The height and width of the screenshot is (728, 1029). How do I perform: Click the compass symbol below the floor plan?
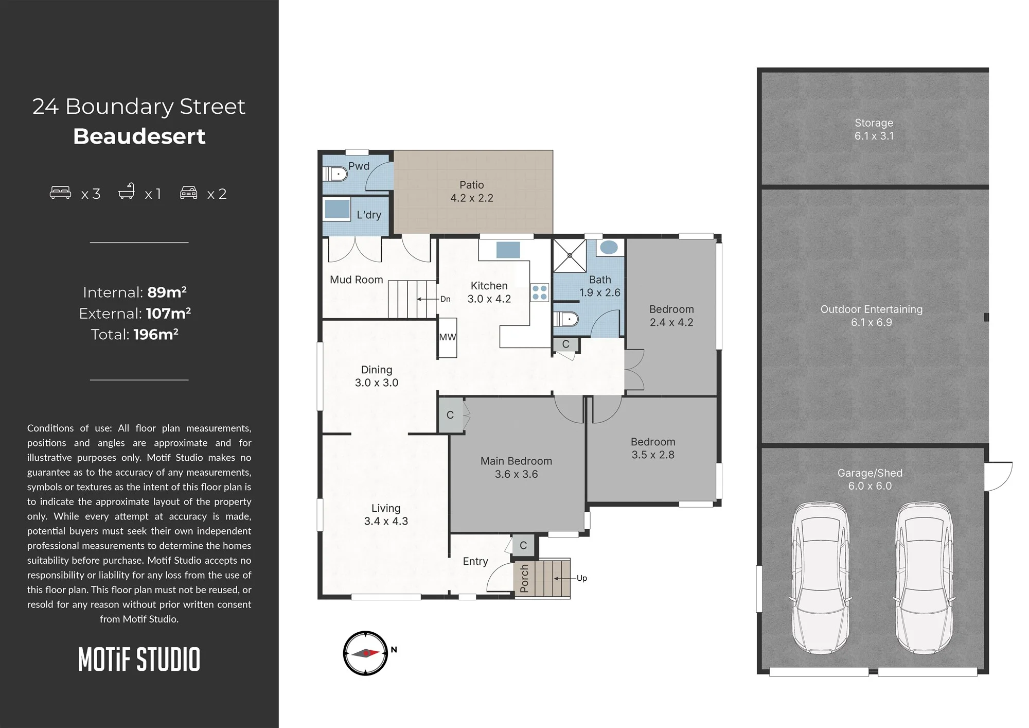pos(365,653)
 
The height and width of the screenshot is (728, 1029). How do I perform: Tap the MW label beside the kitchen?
pos(447,337)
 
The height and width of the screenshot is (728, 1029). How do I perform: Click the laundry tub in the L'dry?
pos(337,210)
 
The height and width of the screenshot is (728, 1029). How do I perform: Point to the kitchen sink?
pos(508,250)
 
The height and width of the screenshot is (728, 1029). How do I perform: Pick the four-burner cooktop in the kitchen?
pos(540,293)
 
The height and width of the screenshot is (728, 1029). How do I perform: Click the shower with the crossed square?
pos(570,255)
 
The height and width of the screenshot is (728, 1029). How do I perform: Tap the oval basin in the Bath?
pos(609,247)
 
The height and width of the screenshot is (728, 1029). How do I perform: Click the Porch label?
pos(524,578)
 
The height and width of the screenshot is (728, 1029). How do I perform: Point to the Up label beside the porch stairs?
pos(582,578)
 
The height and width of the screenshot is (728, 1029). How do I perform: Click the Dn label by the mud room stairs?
pos(446,299)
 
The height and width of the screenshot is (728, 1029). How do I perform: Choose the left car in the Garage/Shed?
pos(820,578)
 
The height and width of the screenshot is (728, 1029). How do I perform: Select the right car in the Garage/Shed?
pos(924,578)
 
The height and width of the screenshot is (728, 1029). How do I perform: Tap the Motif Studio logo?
pos(139,660)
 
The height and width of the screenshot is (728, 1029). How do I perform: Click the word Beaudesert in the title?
pos(139,136)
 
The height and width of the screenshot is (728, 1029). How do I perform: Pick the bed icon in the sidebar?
pos(60,193)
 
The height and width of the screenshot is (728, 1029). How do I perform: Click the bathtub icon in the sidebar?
pos(127,191)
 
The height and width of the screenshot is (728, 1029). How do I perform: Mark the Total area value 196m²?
pos(156,334)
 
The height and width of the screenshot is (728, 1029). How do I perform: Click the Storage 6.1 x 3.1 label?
pos(874,129)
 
